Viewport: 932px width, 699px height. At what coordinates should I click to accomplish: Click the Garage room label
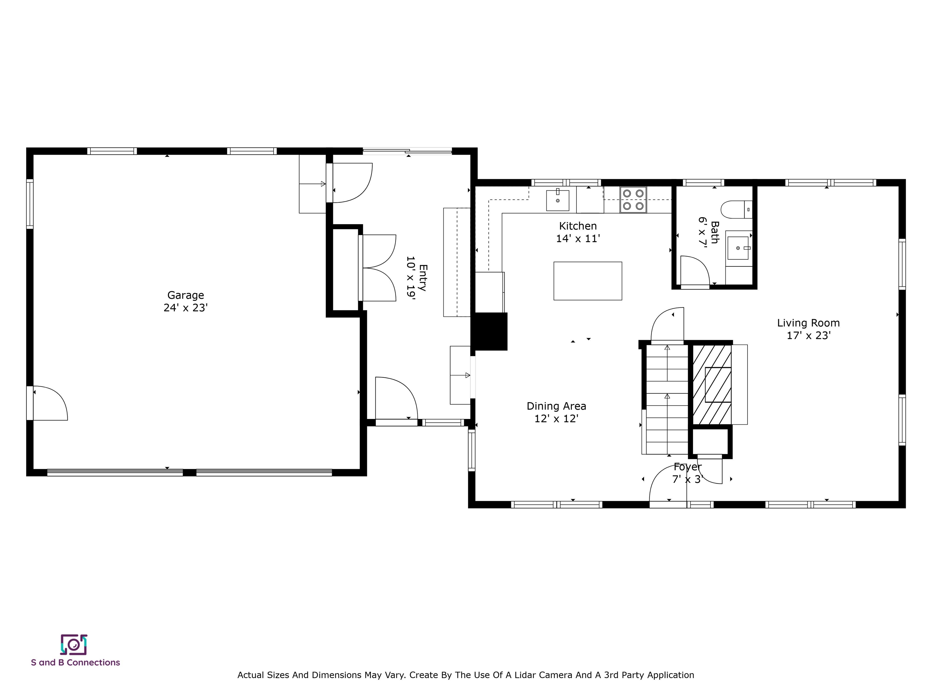(x=185, y=301)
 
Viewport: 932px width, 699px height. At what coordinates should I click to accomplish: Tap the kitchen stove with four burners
(x=633, y=200)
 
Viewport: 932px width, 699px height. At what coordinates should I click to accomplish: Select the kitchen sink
(x=557, y=200)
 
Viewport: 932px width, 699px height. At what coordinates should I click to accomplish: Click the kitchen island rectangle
(x=587, y=281)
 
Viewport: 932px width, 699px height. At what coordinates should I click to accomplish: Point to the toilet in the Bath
(x=735, y=209)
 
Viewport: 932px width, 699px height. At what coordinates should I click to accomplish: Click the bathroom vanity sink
(x=738, y=248)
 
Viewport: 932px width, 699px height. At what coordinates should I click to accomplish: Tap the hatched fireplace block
(x=712, y=385)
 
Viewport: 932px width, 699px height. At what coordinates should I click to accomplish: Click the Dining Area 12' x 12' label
(x=556, y=412)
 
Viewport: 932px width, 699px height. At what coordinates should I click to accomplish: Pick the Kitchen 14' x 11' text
(x=578, y=232)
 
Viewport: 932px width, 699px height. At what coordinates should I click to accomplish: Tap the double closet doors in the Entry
(x=378, y=268)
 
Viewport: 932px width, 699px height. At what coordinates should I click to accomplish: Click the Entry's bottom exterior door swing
(x=395, y=398)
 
